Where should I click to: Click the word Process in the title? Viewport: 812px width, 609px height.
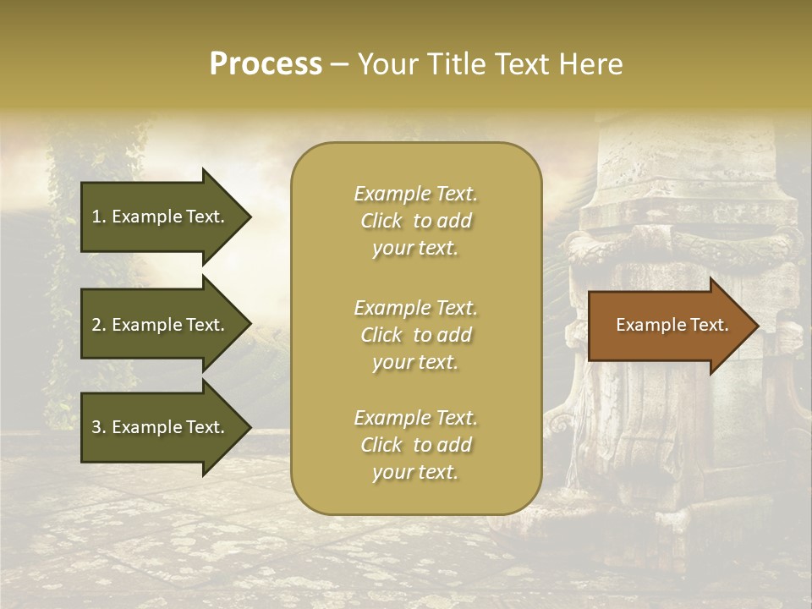[266, 64]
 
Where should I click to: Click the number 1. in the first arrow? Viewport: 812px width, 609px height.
[99, 217]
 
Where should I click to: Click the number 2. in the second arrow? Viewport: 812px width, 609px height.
[99, 325]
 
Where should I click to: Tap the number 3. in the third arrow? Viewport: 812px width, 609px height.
[99, 427]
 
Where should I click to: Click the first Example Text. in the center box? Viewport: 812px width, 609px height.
[415, 194]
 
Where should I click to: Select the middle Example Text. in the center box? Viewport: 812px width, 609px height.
[415, 308]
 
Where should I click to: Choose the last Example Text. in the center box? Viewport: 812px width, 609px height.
[415, 418]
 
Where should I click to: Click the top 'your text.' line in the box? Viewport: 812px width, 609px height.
[415, 249]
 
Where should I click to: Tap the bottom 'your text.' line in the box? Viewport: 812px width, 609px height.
[415, 473]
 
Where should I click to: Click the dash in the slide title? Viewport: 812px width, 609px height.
[339, 65]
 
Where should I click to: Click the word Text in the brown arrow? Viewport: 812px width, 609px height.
[705, 325]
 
